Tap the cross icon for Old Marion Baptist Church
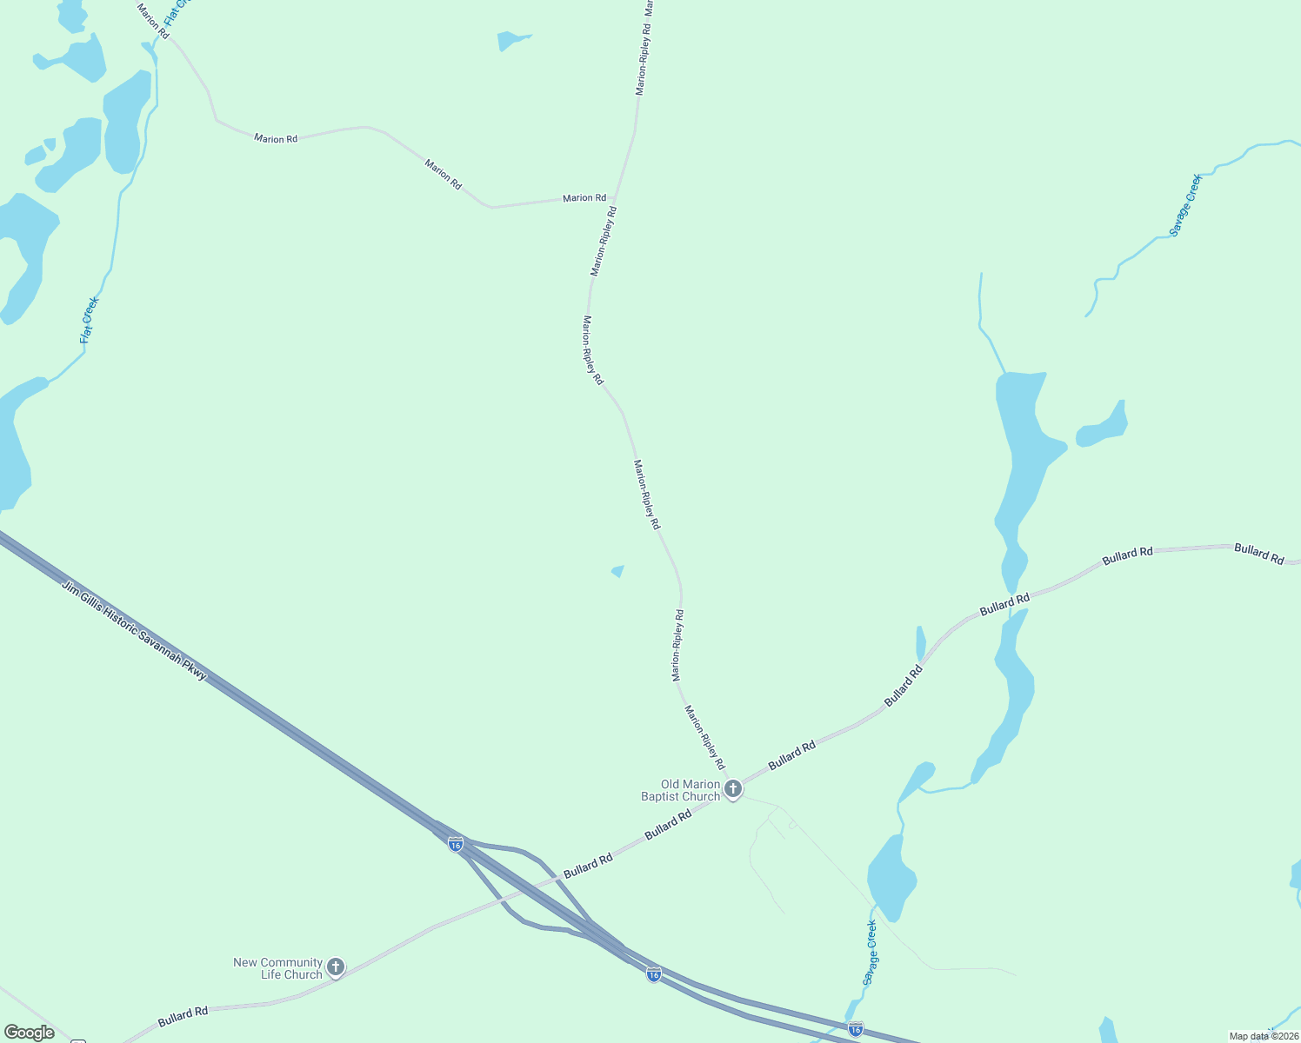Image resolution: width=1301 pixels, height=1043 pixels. pyautogui.click(x=733, y=789)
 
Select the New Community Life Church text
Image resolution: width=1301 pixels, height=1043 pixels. pyautogui.click(x=277, y=968)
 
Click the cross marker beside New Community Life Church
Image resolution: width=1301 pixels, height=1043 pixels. pyautogui.click(x=336, y=967)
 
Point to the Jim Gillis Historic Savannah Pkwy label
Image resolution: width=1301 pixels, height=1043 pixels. pyautogui.click(x=134, y=630)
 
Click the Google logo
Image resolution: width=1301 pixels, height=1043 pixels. pyautogui.click(x=30, y=1033)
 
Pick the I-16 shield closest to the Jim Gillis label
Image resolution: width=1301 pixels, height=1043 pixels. pyautogui.click(x=456, y=844)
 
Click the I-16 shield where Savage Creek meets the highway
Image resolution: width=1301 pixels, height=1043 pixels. pyautogui.click(x=856, y=1029)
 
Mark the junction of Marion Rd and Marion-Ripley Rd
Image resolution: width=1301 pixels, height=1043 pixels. pyautogui.click(x=616, y=198)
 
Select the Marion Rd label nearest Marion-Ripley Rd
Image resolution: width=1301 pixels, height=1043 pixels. pyautogui.click(x=584, y=198)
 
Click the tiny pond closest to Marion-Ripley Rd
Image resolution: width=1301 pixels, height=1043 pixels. pyautogui.click(x=618, y=571)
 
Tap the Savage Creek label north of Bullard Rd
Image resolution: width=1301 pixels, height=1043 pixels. pyautogui.click(x=1185, y=205)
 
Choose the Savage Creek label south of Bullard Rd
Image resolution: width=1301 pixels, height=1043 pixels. pyautogui.click(x=871, y=953)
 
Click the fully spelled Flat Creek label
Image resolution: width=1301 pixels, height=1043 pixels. pyautogui.click(x=90, y=320)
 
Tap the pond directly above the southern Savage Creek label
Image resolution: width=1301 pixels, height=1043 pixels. pyautogui.click(x=891, y=874)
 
